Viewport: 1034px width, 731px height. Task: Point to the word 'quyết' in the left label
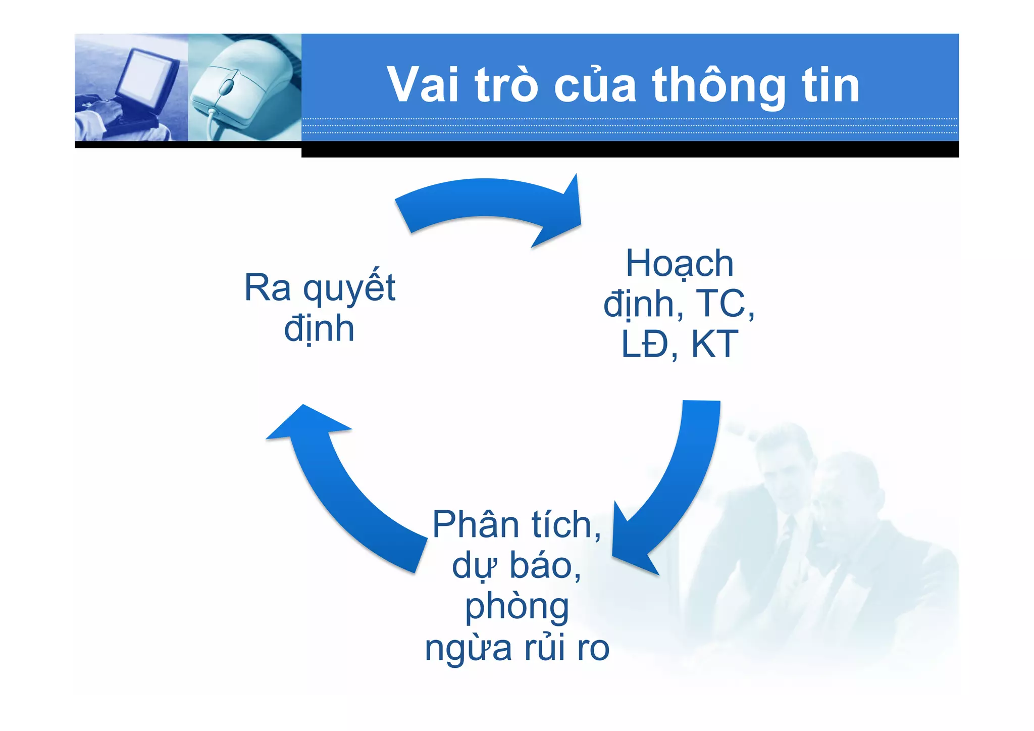[x=349, y=288]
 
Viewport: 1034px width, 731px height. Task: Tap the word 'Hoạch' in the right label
[x=679, y=264]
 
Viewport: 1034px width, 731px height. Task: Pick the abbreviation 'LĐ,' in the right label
[x=649, y=345]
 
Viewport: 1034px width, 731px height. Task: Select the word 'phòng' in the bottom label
[x=516, y=607]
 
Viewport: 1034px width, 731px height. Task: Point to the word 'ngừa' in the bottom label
[x=468, y=648]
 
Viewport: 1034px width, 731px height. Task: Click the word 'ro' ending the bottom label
[x=593, y=648]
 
